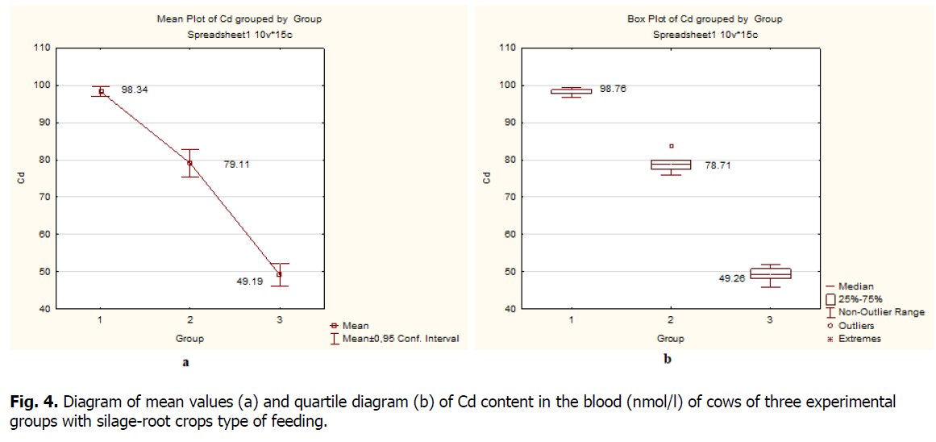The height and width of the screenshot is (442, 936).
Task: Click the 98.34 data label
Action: click(135, 90)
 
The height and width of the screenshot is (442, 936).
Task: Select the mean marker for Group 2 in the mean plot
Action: click(189, 163)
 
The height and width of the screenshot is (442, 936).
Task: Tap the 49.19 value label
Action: click(250, 282)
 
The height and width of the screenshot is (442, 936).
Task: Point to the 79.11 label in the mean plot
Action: click(236, 165)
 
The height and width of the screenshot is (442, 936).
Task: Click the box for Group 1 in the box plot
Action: click(572, 91)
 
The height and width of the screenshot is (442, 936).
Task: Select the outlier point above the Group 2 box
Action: click(672, 146)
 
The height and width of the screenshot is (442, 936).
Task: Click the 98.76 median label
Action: click(613, 89)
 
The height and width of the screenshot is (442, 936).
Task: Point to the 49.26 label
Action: click(732, 278)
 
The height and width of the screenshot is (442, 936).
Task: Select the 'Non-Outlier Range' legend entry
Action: click(881, 312)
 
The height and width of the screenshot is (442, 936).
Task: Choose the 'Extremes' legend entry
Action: click(859, 339)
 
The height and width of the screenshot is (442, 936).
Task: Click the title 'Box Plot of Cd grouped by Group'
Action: click(705, 19)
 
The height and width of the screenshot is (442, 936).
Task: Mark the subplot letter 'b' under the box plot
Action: click(668, 361)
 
